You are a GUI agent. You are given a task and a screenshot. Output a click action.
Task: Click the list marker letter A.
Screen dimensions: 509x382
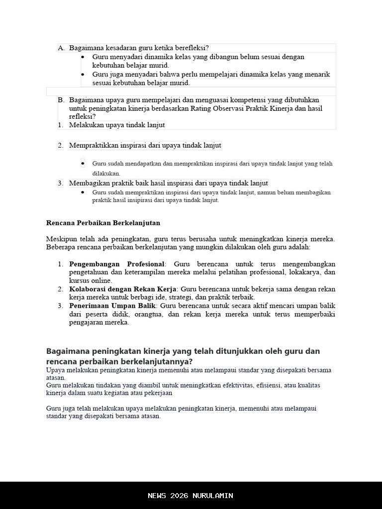61,48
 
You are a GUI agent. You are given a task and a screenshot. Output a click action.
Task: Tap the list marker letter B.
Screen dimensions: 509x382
61,100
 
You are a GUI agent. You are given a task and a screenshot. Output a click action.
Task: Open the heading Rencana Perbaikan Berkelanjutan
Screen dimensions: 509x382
103,223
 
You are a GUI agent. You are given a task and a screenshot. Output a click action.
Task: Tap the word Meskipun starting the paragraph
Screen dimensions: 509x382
61,239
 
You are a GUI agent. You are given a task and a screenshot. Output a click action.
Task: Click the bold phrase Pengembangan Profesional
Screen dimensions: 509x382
116,264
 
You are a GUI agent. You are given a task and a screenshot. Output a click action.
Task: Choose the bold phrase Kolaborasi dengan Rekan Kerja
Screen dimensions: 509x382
122,289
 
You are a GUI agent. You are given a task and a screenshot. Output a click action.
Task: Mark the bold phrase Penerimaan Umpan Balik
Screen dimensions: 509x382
112,306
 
